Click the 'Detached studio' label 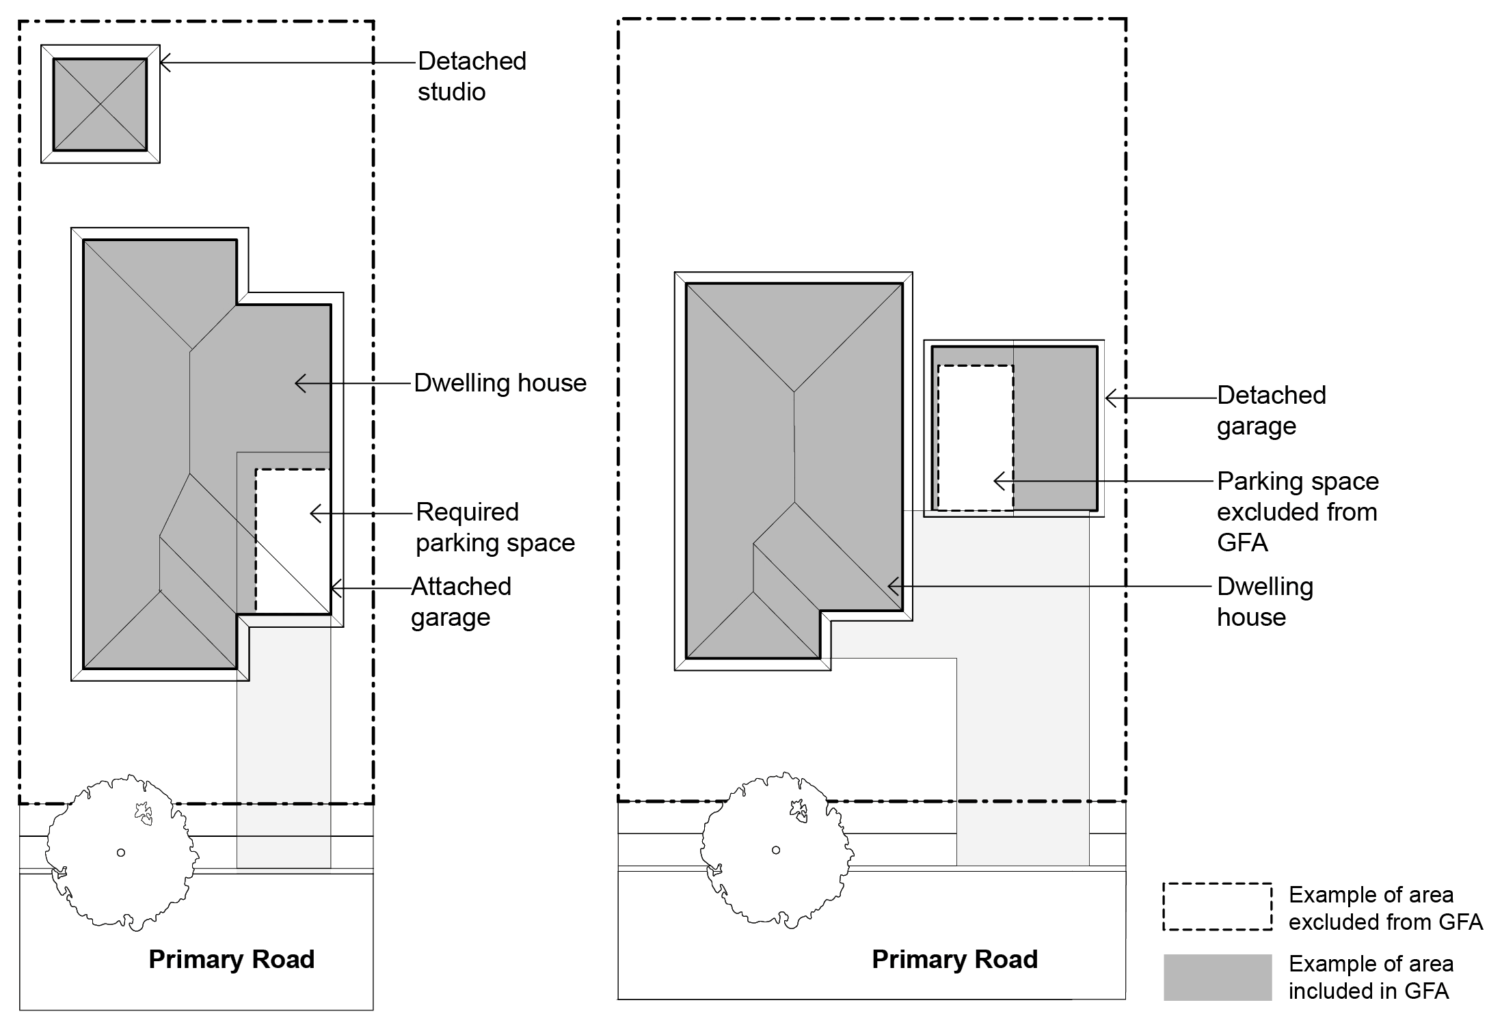pyautogui.click(x=472, y=76)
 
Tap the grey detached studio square pyautogui.click(x=100, y=104)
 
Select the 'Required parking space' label pyautogui.click(x=495, y=527)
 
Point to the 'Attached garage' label pyautogui.click(x=461, y=601)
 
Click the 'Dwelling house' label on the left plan pyautogui.click(x=500, y=383)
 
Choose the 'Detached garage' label pyautogui.click(x=1271, y=410)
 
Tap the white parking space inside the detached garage pyautogui.click(x=975, y=437)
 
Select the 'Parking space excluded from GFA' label pyautogui.click(x=1297, y=512)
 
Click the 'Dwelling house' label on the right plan pyautogui.click(x=1265, y=601)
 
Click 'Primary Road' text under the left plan pyautogui.click(x=232, y=959)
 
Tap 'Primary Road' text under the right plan pyautogui.click(x=954, y=959)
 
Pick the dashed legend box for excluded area pyautogui.click(x=1217, y=907)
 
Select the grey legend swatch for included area pyautogui.click(x=1217, y=977)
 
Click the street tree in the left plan pyautogui.click(x=121, y=852)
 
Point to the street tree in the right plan pyautogui.click(x=775, y=850)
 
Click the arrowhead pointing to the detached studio pyautogui.click(x=165, y=63)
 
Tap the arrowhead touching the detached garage pyautogui.click(x=1110, y=398)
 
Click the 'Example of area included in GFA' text pyautogui.click(x=1371, y=977)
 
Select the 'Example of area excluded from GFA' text pyautogui.click(x=1385, y=908)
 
